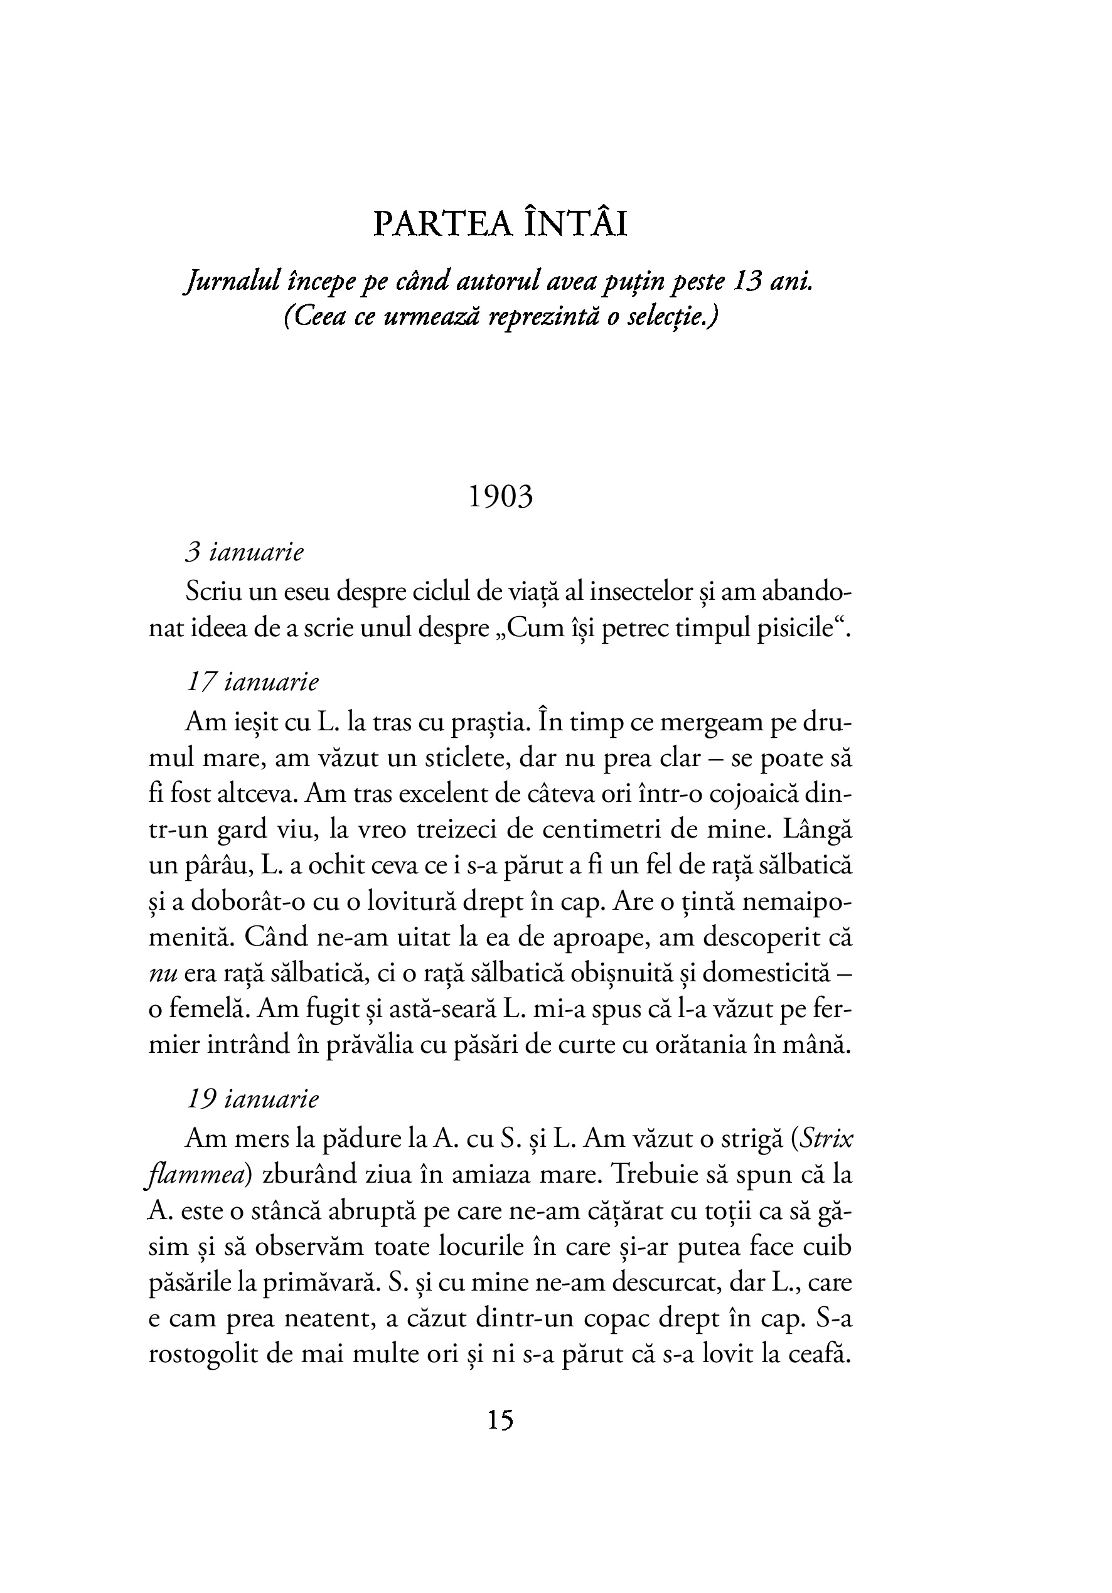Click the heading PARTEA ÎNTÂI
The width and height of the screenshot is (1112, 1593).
(500, 224)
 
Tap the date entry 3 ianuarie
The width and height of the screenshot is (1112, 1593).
(244, 553)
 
